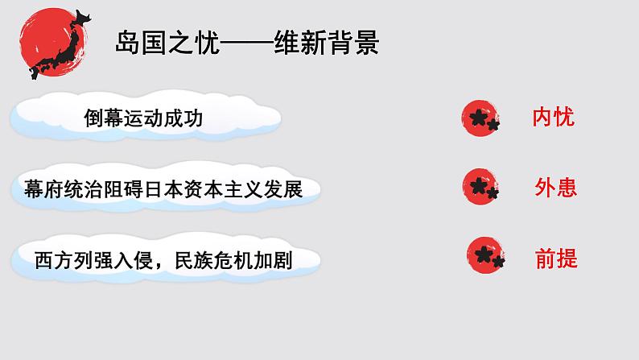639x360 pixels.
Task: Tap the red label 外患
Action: click(556, 188)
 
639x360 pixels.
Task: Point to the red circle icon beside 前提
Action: click(487, 254)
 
